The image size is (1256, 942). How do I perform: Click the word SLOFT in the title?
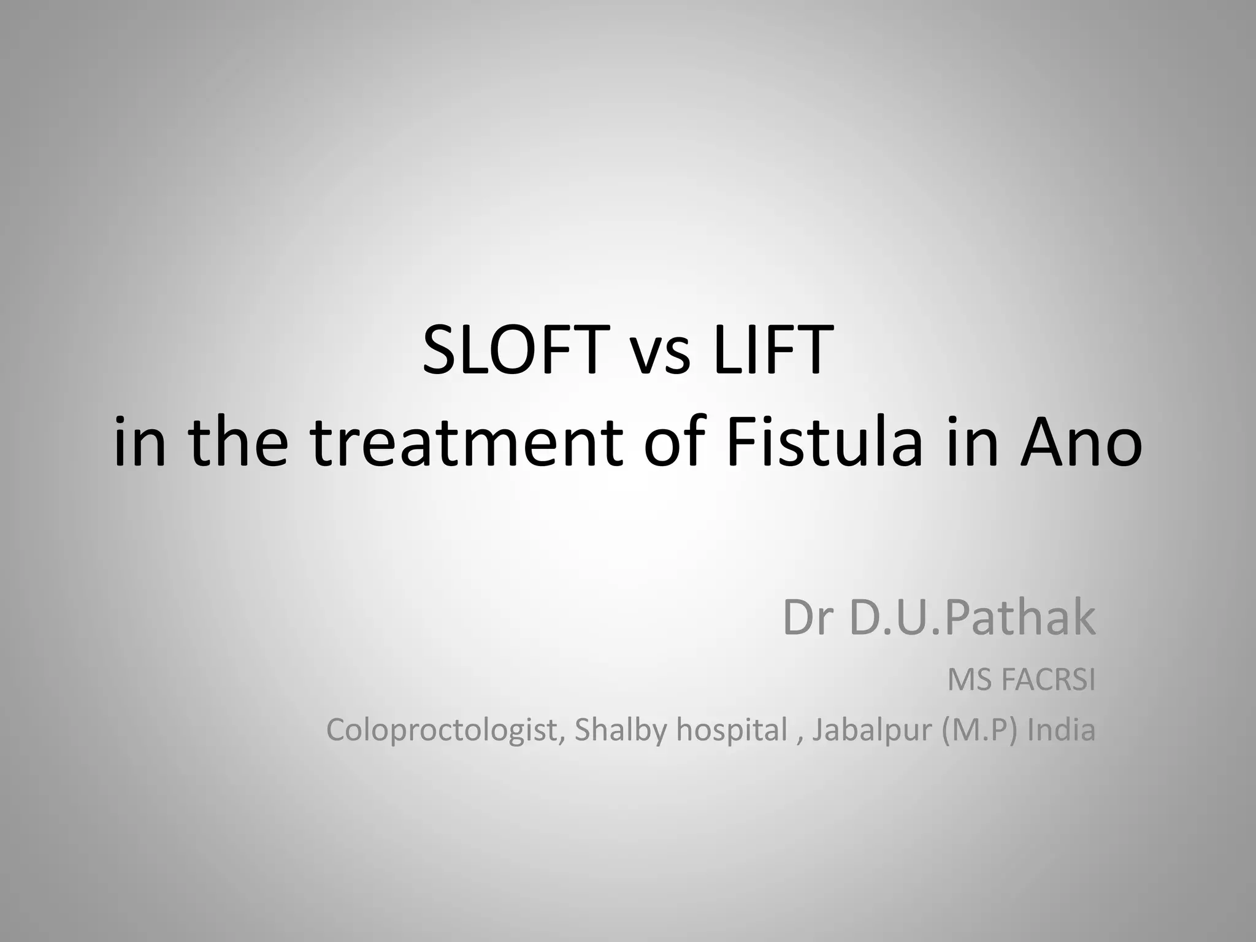point(513,351)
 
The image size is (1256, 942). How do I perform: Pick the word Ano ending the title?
point(1081,442)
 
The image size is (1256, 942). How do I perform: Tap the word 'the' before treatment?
point(238,442)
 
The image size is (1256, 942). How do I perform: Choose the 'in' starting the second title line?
point(140,442)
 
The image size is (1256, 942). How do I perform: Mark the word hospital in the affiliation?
point(732,730)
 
